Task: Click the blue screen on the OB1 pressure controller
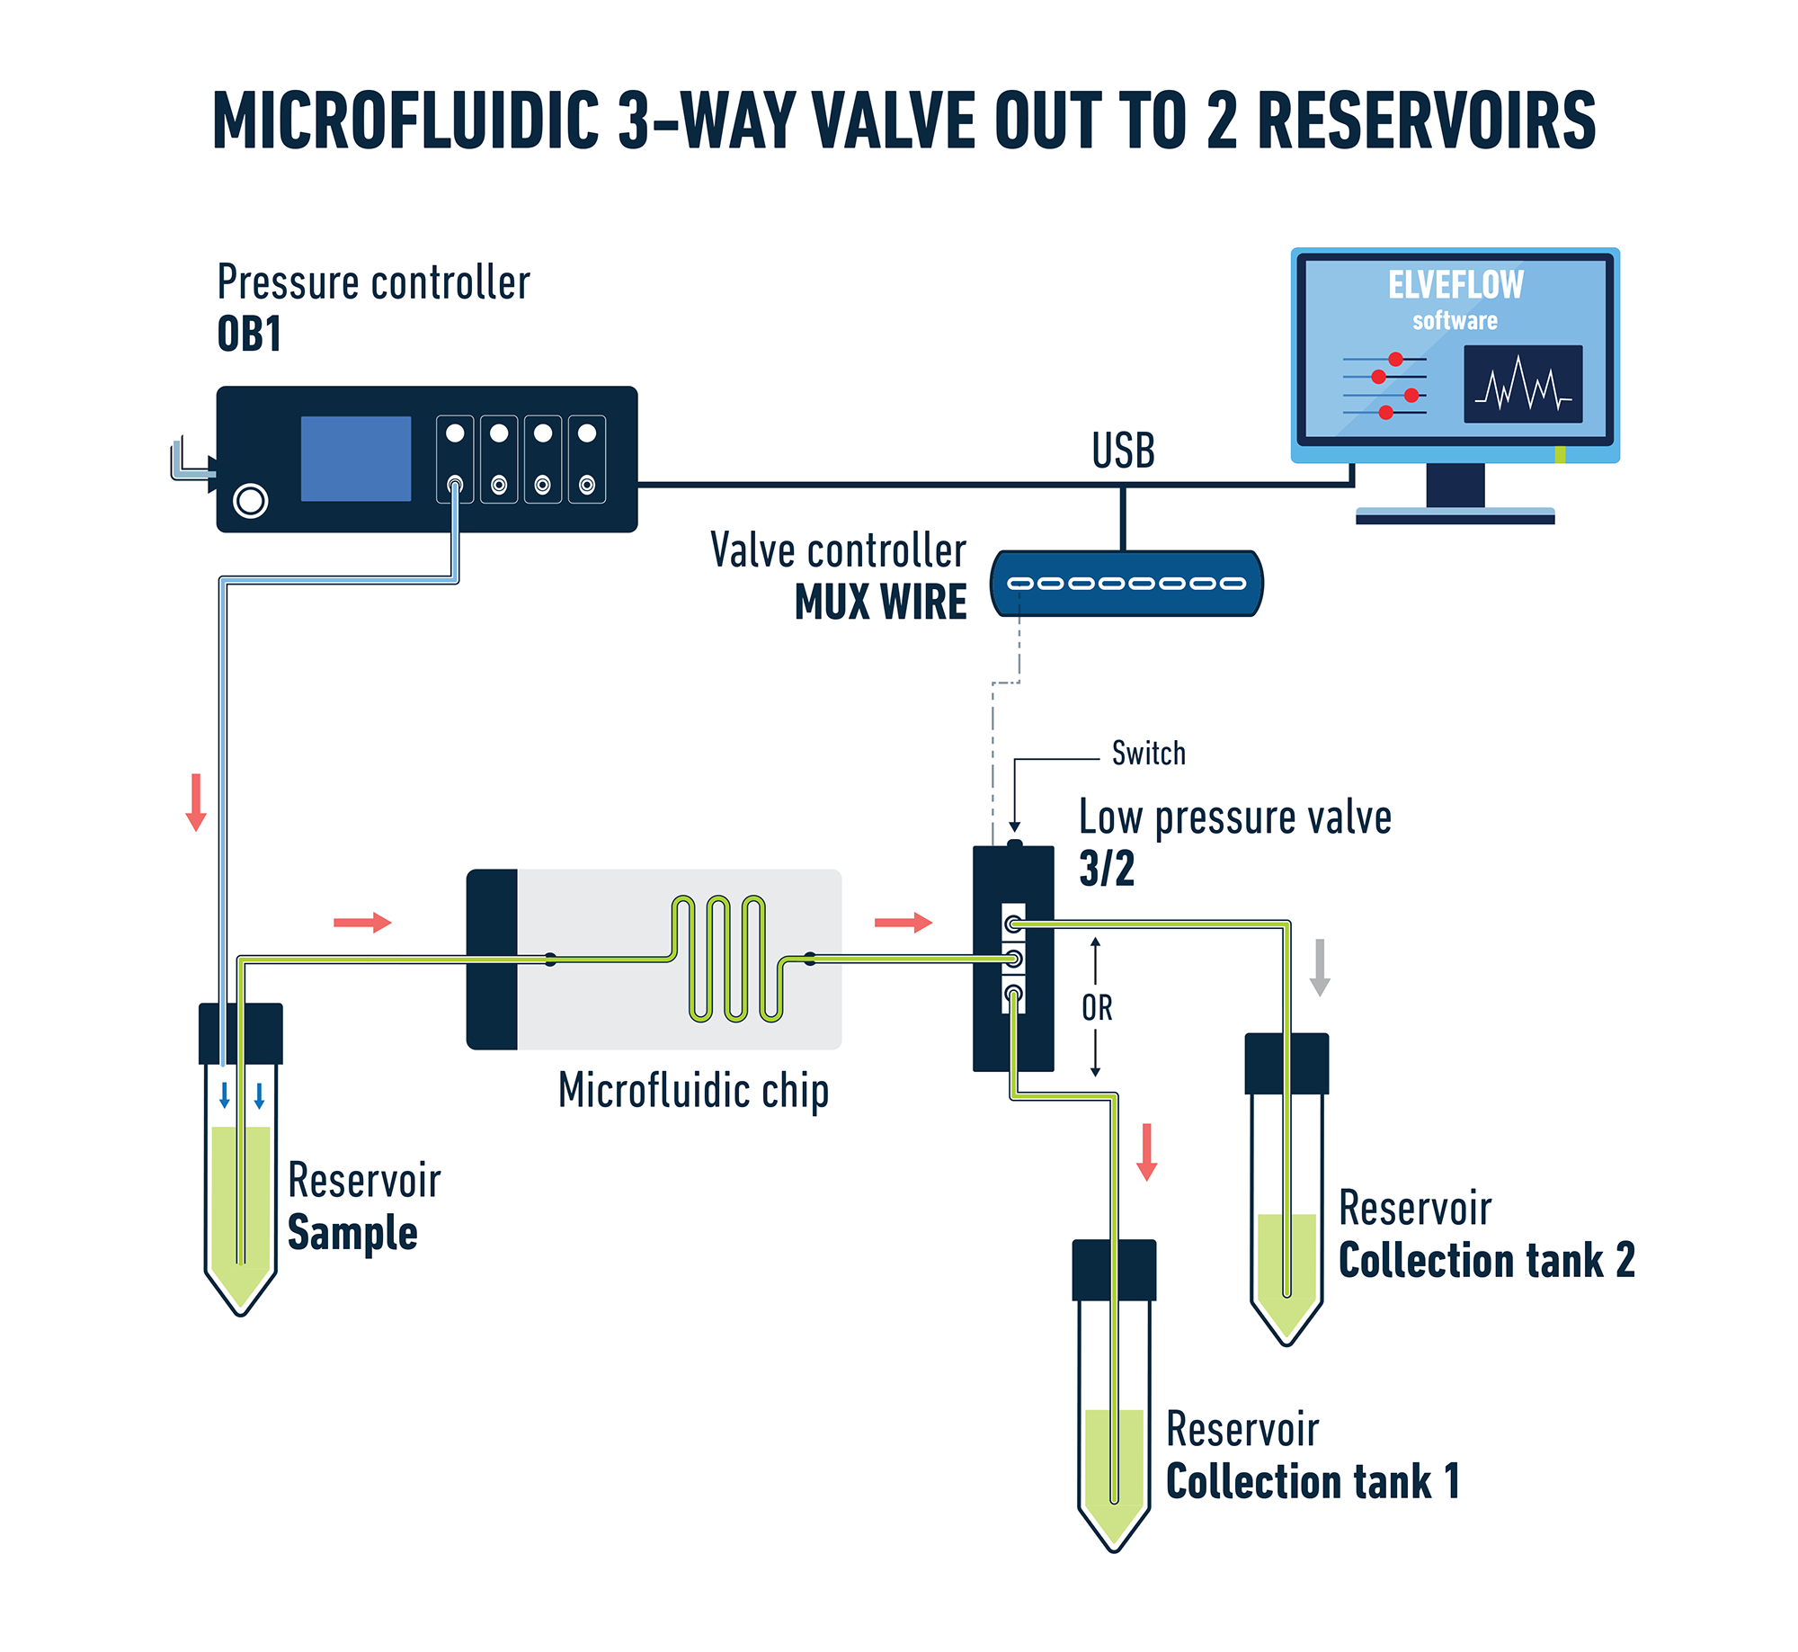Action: (x=355, y=459)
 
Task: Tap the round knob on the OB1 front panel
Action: (x=251, y=501)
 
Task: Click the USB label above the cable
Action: (x=1123, y=451)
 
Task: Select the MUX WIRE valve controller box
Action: (x=1126, y=584)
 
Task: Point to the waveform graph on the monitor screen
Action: (x=1522, y=384)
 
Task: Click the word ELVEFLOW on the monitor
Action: (x=1455, y=285)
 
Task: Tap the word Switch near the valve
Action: (x=1148, y=753)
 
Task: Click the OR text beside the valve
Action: (x=1097, y=1008)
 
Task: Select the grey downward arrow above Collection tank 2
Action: (x=1320, y=968)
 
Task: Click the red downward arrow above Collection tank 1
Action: (x=1146, y=1152)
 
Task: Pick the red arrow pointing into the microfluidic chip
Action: (x=362, y=923)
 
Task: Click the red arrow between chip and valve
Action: (x=903, y=923)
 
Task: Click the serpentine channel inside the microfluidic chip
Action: (x=726, y=959)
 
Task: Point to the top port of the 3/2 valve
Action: (x=1013, y=924)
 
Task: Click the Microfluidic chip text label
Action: (x=693, y=1091)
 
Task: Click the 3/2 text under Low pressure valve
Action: (x=1107, y=869)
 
